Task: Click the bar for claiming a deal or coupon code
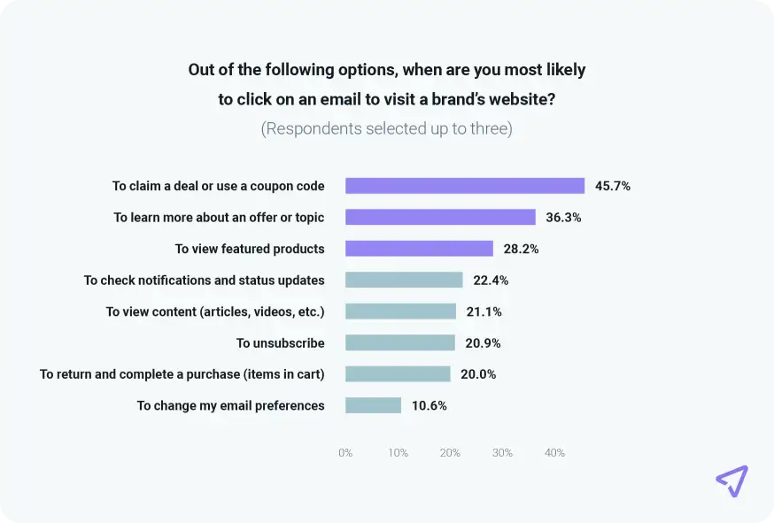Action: coord(465,186)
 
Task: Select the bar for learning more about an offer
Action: coord(440,217)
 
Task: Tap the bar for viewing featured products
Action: coord(419,249)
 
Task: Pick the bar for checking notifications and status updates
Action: coord(404,280)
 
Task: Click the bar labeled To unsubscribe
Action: coord(400,342)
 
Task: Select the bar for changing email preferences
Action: coord(373,405)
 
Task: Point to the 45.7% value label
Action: coord(613,186)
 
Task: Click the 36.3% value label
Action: coord(564,217)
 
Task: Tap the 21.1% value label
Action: coord(484,311)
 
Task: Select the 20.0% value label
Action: coord(478,374)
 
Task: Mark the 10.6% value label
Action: coord(430,405)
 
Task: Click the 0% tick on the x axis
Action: coord(345,453)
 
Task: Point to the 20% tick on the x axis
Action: coord(450,453)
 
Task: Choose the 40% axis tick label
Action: coord(554,453)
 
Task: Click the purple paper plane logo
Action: coord(731,481)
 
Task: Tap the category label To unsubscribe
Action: coord(280,342)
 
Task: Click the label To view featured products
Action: coord(250,249)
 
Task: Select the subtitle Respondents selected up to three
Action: coord(386,129)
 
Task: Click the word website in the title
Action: coord(521,99)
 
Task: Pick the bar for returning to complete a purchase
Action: coord(398,374)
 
